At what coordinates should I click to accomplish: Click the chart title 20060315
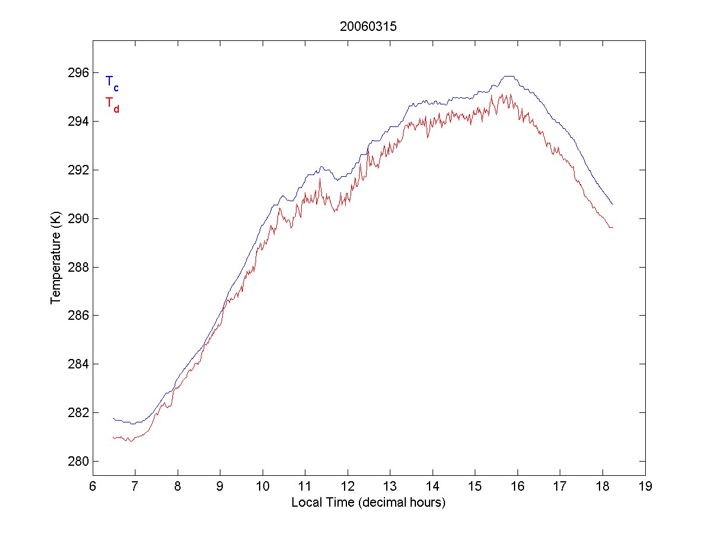click(368, 27)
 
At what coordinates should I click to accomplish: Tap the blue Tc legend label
click(112, 83)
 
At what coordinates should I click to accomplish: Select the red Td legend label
click(112, 104)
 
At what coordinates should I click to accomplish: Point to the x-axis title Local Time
click(368, 503)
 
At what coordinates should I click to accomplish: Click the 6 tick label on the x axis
click(93, 487)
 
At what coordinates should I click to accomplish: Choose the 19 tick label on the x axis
click(645, 487)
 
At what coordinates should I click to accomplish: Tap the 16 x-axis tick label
click(518, 487)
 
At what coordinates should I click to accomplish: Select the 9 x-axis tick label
click(220, 487)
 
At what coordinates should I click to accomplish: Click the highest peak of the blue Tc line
click(509, 77)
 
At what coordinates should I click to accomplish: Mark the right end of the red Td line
click(612, 227)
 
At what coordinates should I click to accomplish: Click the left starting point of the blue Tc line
click(113, 418)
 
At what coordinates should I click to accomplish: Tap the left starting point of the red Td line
click(113, 438)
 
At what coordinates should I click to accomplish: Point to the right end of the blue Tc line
click(612, 204)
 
